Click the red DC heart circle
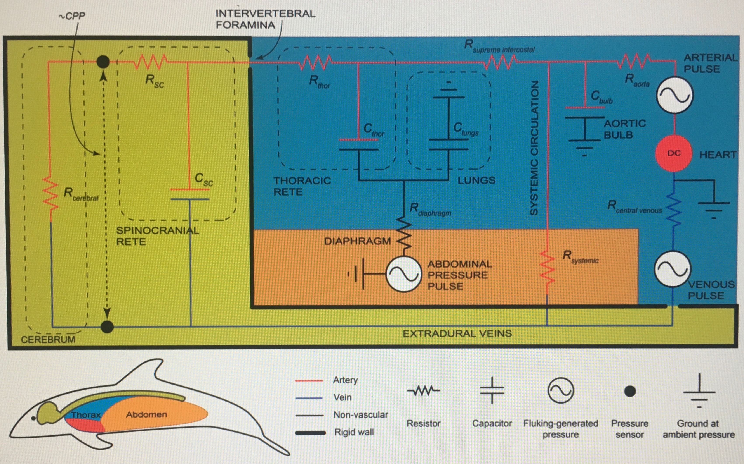674,153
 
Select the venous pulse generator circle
672,268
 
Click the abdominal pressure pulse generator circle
403,274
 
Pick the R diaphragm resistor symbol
404,233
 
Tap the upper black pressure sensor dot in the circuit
103,62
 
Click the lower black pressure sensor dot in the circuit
107,327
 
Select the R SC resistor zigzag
151,62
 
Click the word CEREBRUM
48,339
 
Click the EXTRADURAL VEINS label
457,333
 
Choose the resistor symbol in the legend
424,391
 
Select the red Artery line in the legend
309,381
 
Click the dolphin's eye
33,418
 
